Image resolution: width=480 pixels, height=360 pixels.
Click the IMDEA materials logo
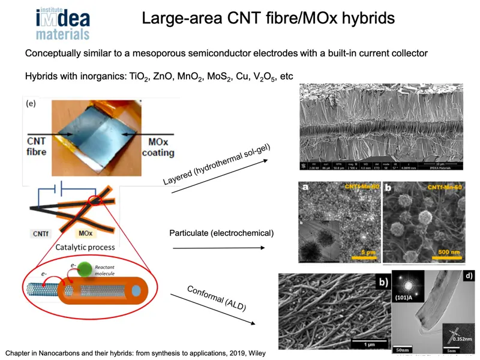coord(62,24)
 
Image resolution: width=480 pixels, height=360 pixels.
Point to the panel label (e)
coord(31,104)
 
